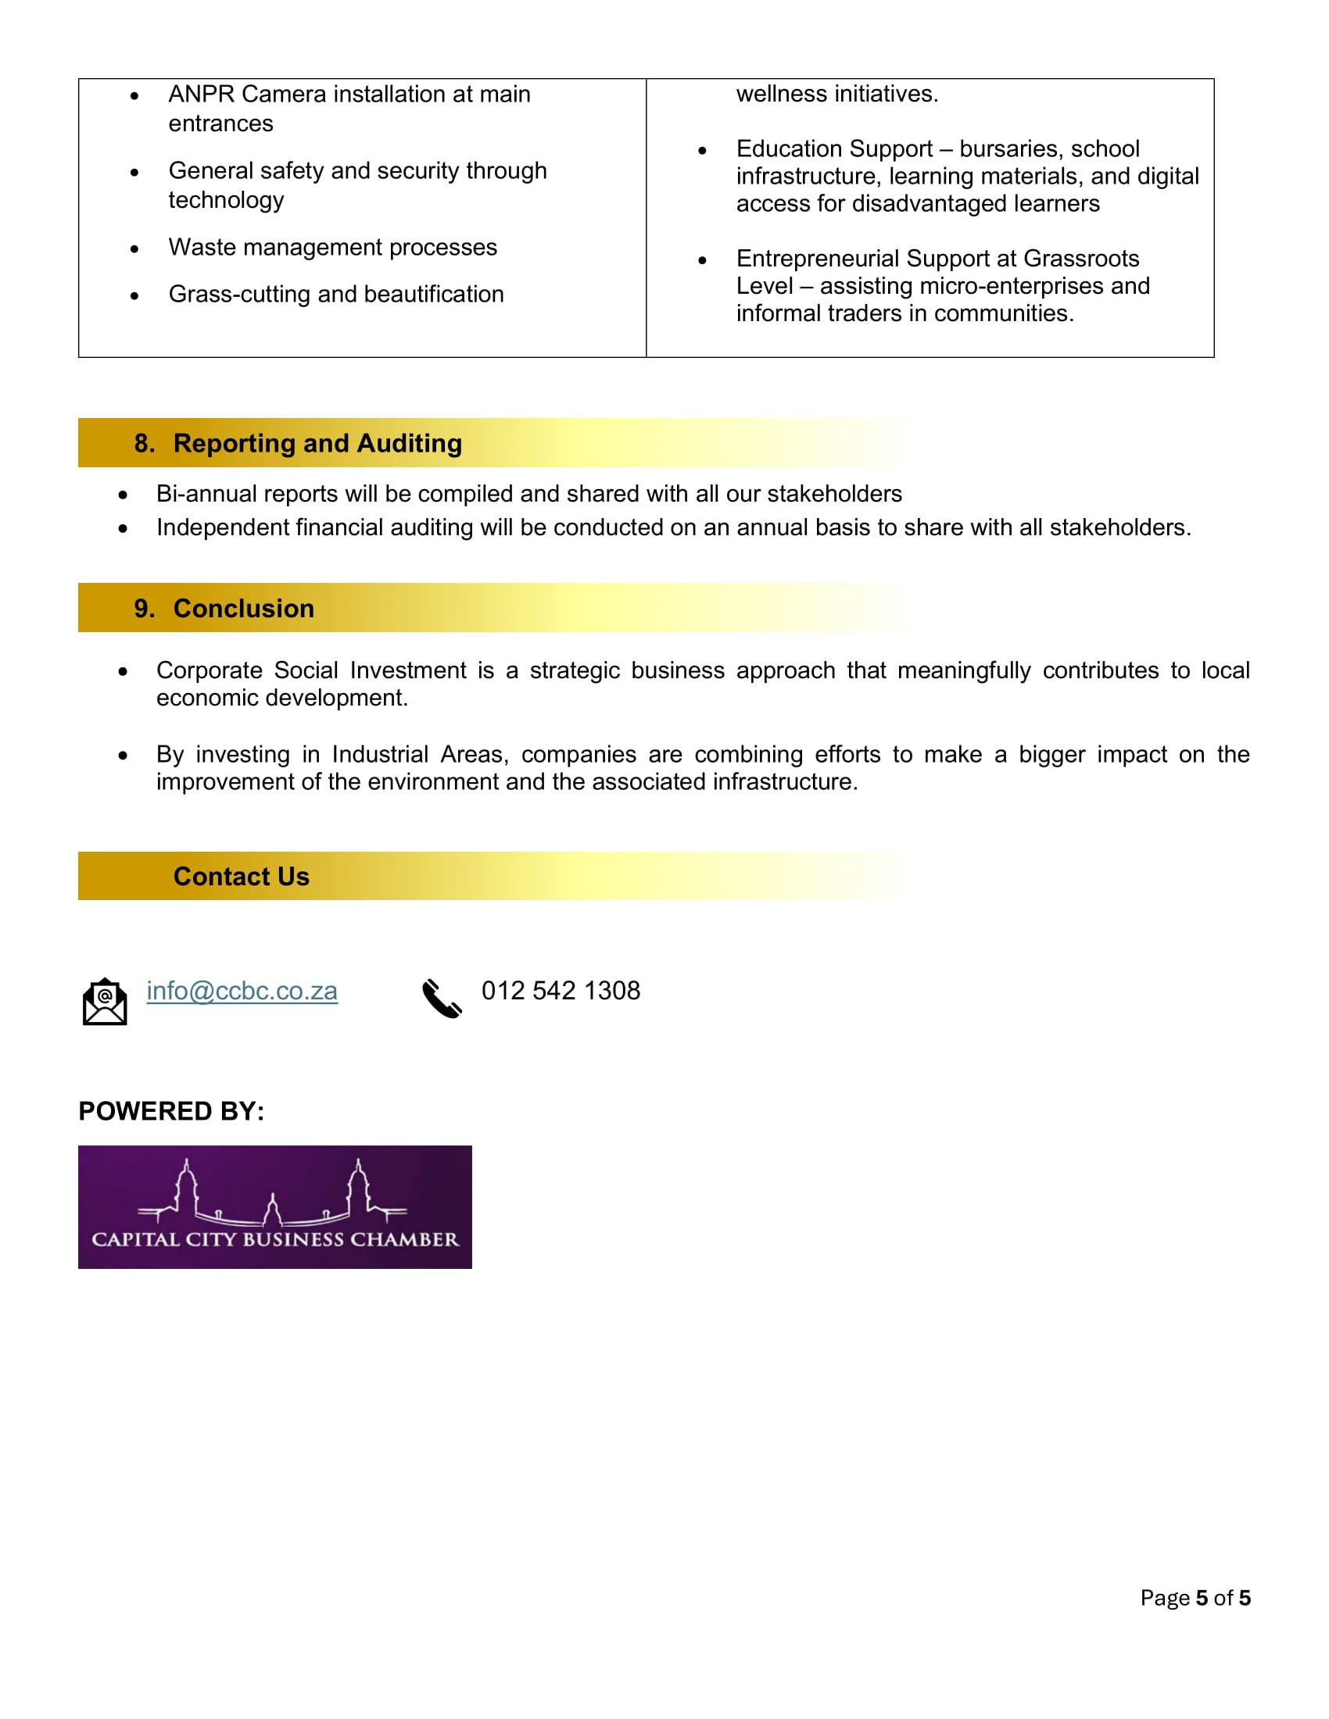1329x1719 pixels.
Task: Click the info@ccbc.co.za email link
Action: [242, 991]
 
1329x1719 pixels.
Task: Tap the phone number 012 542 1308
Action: [561, 991]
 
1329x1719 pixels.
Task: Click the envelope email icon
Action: [105, 1001]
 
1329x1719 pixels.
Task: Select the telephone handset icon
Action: [442, 999]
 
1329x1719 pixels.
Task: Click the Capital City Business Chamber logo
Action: [274, 1206]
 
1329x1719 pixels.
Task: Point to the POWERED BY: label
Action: [171, 1111]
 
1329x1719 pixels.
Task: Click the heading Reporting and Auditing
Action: [317, 443]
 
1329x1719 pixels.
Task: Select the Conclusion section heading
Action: [243, 609]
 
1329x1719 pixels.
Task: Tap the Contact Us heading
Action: [241, 877]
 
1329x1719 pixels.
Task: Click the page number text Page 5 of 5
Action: [1195, 1598]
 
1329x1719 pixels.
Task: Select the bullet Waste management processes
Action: [332, 247]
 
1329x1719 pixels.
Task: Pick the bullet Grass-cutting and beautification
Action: [335, 295]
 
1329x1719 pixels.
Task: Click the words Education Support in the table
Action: [834, 148]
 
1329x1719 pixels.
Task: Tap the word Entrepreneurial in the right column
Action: [817, 258]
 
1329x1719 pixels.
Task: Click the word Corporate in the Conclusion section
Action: [209, 670]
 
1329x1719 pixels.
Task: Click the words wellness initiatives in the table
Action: [837, 95]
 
